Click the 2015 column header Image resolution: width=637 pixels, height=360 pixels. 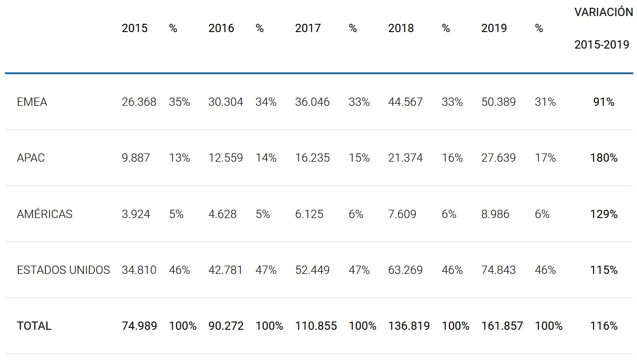coord(135,28)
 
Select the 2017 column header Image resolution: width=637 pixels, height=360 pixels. coord(308,28)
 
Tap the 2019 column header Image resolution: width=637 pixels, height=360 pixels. coord(494,28)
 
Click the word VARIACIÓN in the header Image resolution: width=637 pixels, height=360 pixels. coord(604,12)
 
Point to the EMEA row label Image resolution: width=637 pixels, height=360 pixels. coord(32,102)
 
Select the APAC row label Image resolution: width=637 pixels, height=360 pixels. coord(31,158)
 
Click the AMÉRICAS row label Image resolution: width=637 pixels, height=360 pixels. coord(44,214)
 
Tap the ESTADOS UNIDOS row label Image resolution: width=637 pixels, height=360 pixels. coord(63,270)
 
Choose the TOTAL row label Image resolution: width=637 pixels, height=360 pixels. coord(34,326)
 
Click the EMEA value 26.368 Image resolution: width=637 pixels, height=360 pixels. coord(139,102)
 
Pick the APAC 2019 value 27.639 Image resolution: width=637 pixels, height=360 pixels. coord(498,158)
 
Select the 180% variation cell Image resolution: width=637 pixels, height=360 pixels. coord(604,158)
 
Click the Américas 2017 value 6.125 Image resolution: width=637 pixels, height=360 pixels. coord(309,214)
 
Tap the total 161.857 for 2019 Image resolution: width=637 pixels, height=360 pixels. coord(502,326)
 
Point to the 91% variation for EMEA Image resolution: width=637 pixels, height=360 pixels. coord(604,102)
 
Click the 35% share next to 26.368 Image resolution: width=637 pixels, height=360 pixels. coord(180,102)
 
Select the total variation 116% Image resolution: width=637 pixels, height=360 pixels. coord(604,326)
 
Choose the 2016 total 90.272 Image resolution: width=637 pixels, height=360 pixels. coord(226,326)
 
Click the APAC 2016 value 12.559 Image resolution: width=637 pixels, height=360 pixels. coord(225,158)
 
